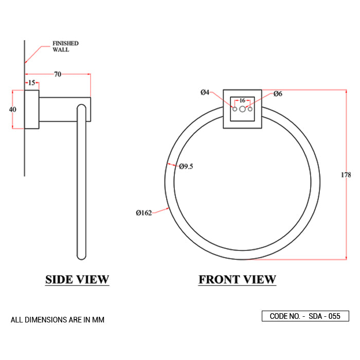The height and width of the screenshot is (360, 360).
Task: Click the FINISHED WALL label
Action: tap(65, 47)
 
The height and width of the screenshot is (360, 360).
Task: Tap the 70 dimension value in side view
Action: tap(58, 75)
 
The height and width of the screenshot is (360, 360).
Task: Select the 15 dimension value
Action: tap(31, 83)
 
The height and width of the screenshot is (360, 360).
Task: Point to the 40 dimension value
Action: tap(13, 110)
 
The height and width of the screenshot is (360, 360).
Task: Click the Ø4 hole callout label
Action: tap(205, 93)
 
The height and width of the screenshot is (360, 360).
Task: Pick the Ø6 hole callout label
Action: tap(278, 94)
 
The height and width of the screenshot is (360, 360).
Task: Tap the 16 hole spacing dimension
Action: tap(242, 100)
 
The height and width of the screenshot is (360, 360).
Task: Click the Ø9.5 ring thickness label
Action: tap(186, 166)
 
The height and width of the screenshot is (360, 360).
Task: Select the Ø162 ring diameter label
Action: tap(143, 213)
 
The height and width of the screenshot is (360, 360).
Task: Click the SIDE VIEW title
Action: tap(77, 280)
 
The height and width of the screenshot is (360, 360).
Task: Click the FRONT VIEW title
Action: tap(237, 280)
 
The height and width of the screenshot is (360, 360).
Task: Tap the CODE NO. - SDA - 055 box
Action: tap(305, 316)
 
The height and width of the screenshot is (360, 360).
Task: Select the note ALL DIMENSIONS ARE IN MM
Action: tap(58, 320)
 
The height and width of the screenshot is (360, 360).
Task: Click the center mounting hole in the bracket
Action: tap(242, 110)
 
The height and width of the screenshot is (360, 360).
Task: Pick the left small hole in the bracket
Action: tap(235, 110)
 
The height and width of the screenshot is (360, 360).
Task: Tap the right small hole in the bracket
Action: tap(250, 110)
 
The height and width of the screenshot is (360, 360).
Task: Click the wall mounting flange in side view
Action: tap(32, 110)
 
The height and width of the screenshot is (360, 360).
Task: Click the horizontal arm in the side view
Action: tap(65, 110)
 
